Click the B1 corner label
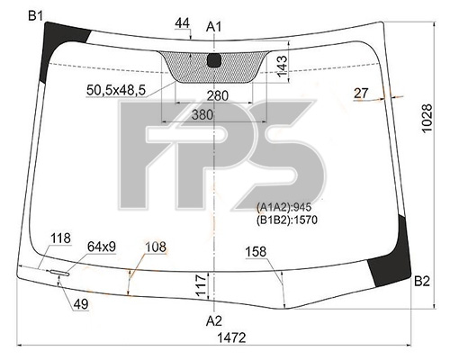[x=36, y=15]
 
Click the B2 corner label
[x=422, y=282]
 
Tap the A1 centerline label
[x=213, y=27]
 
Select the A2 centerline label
[x=214, y=321]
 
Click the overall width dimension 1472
[x=231, y=337]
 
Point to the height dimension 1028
[x=427, y=118]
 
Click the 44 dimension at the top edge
[x=183, y=23]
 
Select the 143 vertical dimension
[x=282, y=66]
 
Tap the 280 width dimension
[x=218, y=95]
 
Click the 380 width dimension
[x=202, y=114]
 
